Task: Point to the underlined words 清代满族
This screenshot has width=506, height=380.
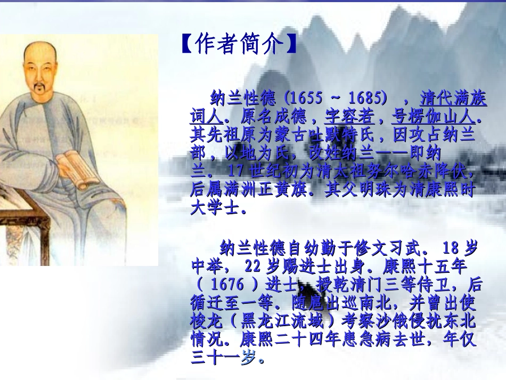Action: click(453, 99)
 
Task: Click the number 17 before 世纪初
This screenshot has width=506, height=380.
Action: click(234, 172)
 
